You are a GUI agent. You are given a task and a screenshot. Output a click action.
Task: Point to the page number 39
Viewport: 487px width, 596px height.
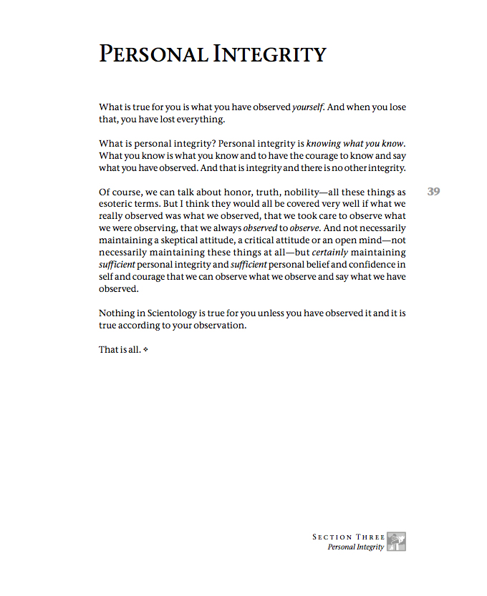tap(433, 192)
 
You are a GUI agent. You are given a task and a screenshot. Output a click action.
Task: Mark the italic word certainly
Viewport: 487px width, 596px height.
tap(333, 253)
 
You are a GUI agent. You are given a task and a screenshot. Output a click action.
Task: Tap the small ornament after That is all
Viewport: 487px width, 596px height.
tap(145, 350)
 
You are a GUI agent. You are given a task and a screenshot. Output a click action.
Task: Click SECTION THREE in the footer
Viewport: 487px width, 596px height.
tap(349, 537)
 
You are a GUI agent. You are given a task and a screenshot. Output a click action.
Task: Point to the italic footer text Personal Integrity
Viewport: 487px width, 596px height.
tap(355, 547)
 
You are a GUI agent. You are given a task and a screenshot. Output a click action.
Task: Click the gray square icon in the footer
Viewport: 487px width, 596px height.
tap(396, 542)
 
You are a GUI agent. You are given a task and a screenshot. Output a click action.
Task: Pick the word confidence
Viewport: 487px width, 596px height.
tap(366, 265)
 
